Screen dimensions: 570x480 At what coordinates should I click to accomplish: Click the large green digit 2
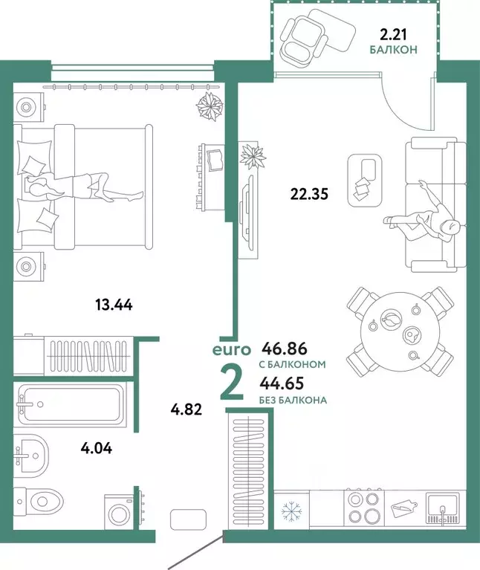232,382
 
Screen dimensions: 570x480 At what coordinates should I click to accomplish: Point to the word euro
230,349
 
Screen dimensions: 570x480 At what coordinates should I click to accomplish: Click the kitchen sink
444,509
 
